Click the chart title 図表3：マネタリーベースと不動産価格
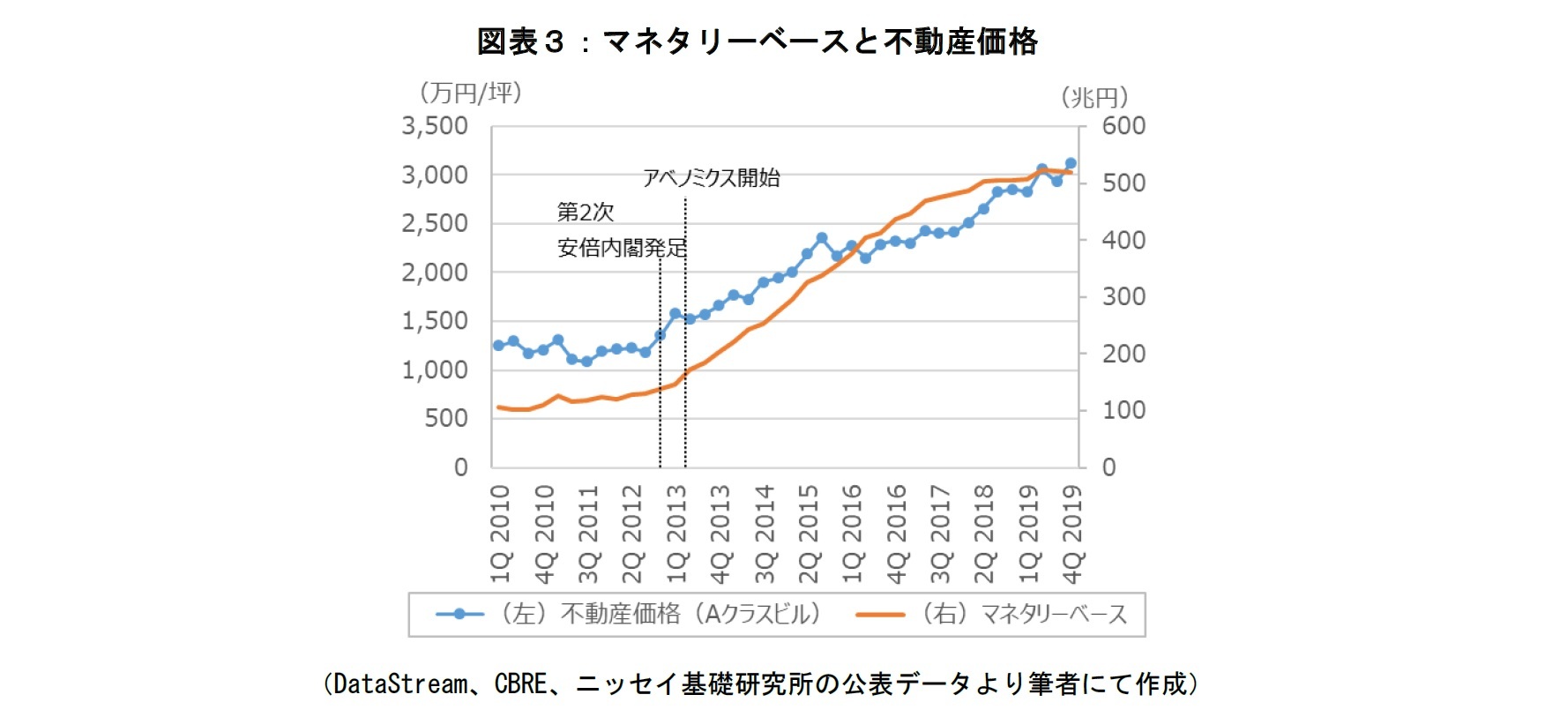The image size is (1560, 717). tap(757, 41)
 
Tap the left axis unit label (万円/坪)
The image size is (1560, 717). tap(470, 93)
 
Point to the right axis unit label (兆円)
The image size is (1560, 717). tap(1094, 97)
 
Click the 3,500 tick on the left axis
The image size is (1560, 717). tap(435, 126)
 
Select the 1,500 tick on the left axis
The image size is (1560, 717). tap(435, 321)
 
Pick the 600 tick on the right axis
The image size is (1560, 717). tap(1123, 126)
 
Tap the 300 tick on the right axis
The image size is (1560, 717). tap(1123, 296)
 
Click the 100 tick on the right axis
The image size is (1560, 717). tap(1123, 410)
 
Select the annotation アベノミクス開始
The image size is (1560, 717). tap(711, 178)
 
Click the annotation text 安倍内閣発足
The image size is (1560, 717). tap(622, 248)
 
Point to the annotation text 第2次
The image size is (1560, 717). tap(585, 212)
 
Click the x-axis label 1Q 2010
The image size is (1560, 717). tap(500, 533)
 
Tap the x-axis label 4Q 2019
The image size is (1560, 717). tap(1072, 533)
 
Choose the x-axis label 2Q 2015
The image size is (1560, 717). tap(808, 533)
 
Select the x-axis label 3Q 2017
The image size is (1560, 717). tap(940, 533)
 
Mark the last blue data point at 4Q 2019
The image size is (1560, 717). tap(1071, 163)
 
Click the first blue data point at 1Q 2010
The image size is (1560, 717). tap(498, 345)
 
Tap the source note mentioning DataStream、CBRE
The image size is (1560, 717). tap(760, 683)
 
